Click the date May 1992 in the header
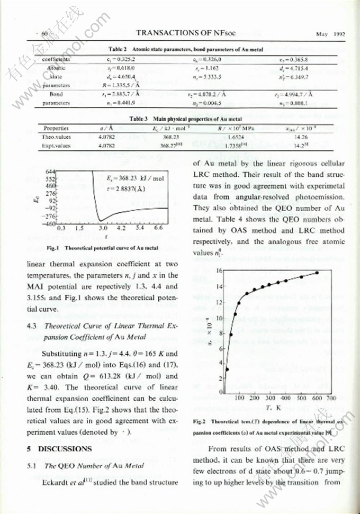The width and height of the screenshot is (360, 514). point(330,34)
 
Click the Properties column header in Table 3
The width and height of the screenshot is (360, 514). point(56,128)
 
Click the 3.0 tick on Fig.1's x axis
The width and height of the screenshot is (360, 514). point(103,229)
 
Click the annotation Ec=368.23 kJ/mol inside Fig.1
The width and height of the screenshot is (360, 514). point(129,178)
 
